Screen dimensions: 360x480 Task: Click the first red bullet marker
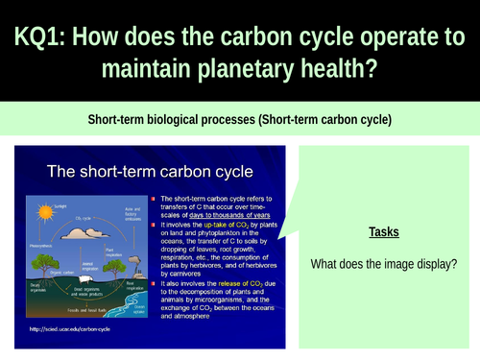pos(152,197)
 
